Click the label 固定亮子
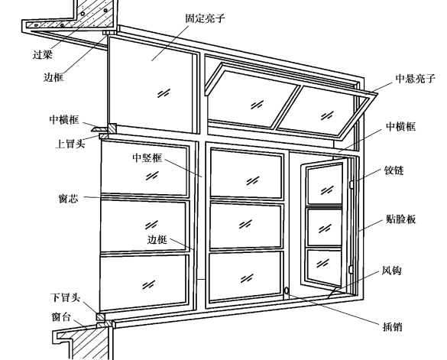[x=205, y=18]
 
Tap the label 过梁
[x=43, y=54]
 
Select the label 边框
[x=53, y=77]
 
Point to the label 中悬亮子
[x=416, y=78]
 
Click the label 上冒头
[x=70, y=144]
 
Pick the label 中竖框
[x=147, y=157]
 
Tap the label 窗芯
[x=68, y=198]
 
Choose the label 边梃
[x=157, y=240]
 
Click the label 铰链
[x=394, y=170]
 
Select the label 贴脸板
[x=400, y=219]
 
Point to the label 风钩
[x=391, y=270]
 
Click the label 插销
[x=392, y=326]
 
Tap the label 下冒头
[x=65, y=297]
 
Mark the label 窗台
[x=61, y=317]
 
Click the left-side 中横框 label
[x=64, y=119]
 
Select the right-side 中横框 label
[x=400, y=126]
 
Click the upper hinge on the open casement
[x=351, y=184]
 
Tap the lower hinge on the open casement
[x=351, y=269]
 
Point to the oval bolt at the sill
[x=287, y=291]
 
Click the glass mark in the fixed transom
[x=164, y=93]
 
